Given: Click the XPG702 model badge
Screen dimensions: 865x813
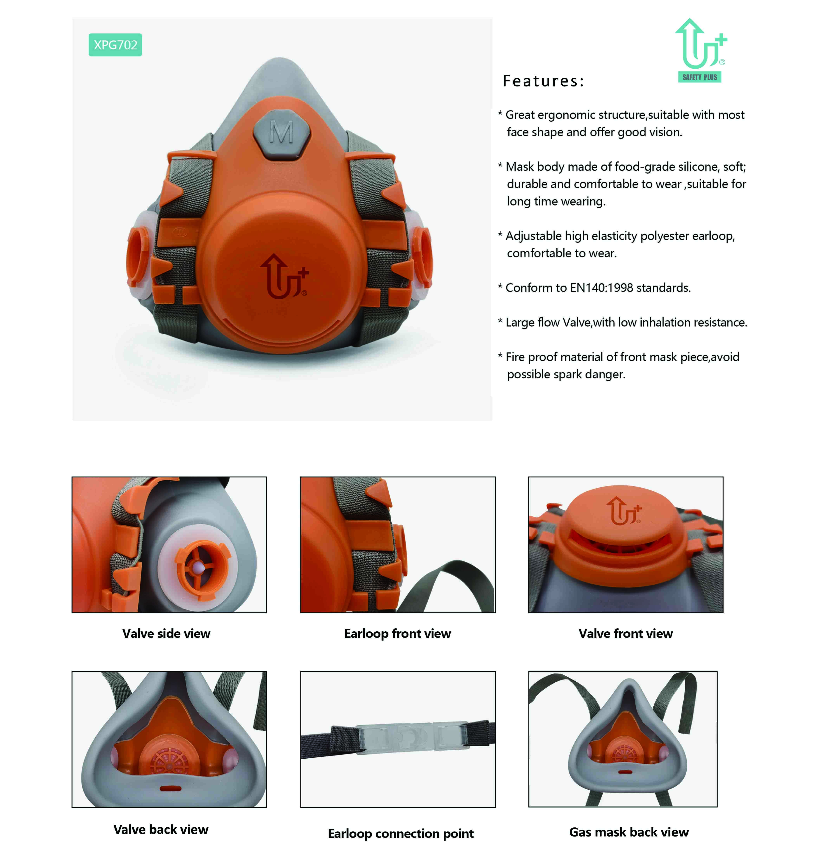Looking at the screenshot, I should (x=115, y=45).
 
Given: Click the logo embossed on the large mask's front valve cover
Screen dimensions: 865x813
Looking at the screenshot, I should (x=284, y=277).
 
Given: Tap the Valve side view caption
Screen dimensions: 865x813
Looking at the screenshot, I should (x=166, y=634).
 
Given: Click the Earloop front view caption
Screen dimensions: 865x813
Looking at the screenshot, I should (x=397, y=634).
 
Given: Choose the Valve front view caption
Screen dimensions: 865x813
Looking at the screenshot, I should (x=625, y=634).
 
